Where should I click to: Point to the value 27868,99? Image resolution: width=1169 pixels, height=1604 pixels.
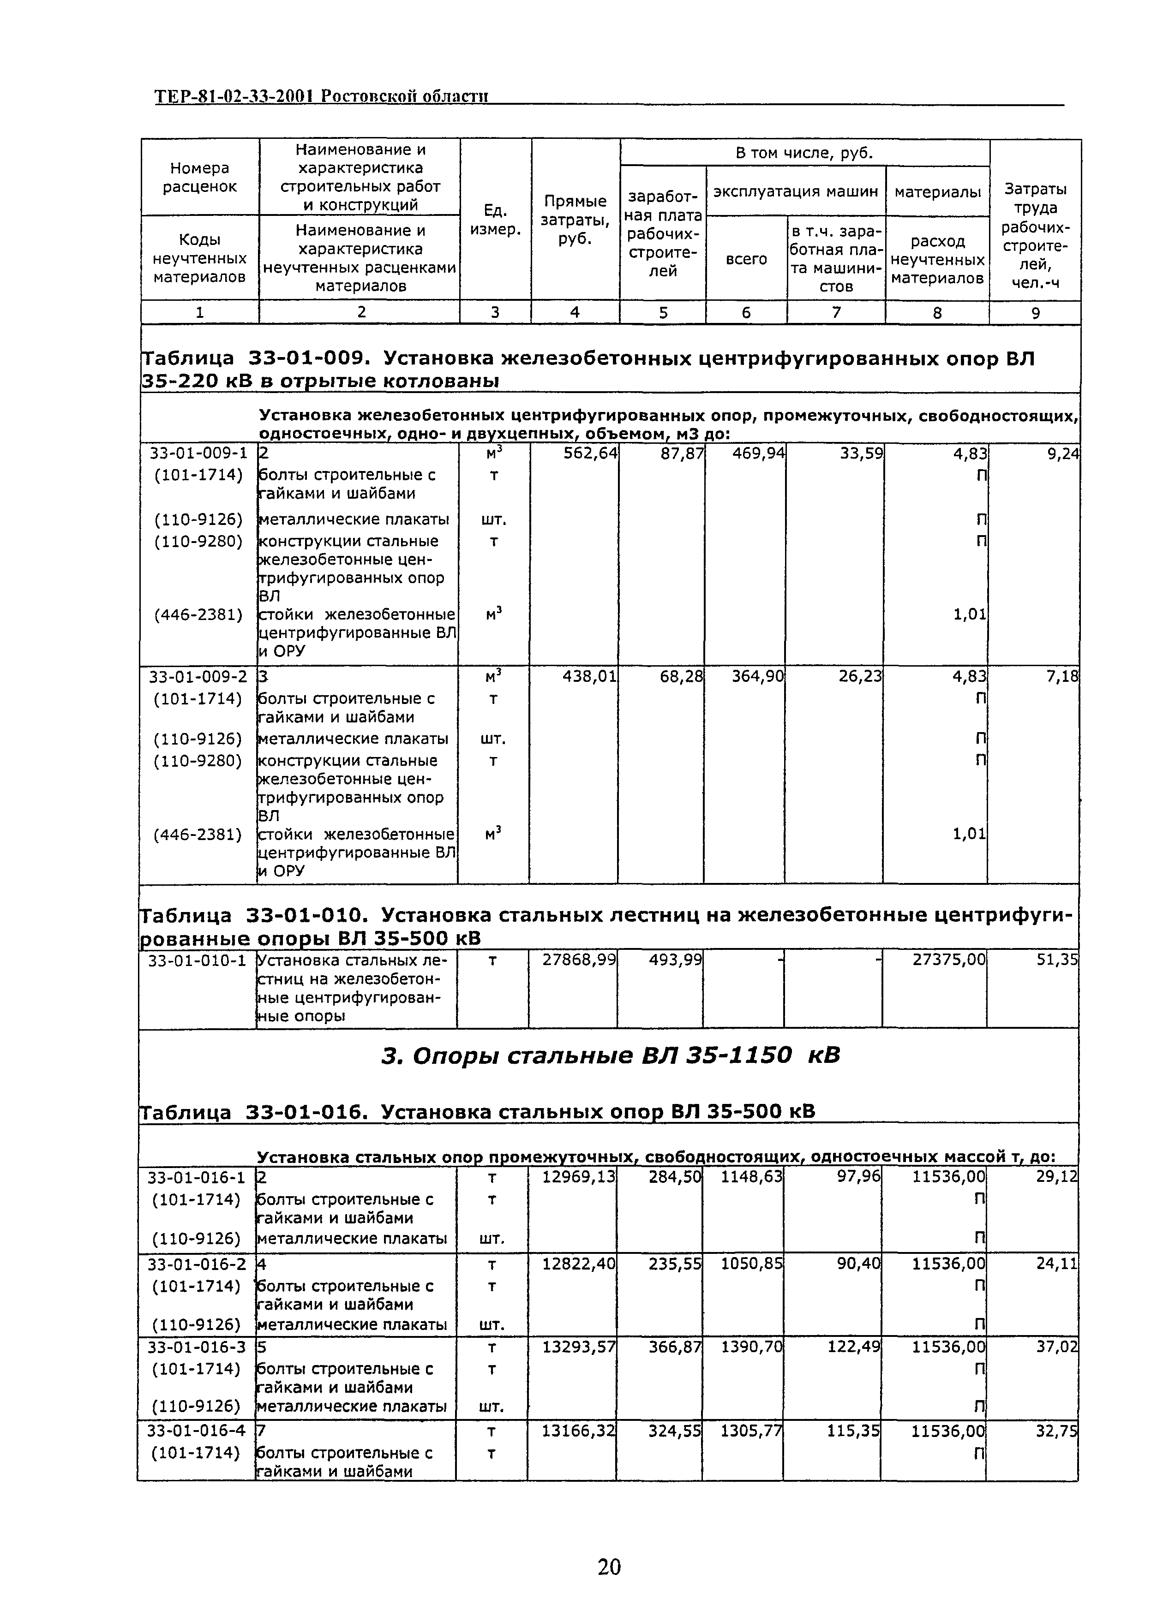[579, 960]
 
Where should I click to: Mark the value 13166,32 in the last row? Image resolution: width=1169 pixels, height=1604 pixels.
[578, 1431]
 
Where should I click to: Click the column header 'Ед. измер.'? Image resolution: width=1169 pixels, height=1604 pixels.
[495, 220]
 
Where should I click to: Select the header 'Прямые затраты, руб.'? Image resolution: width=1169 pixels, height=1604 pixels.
[575, 220]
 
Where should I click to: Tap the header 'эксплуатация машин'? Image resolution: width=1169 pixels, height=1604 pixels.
[795, 191]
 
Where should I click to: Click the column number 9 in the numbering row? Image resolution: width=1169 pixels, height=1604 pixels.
[1035, 313]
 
